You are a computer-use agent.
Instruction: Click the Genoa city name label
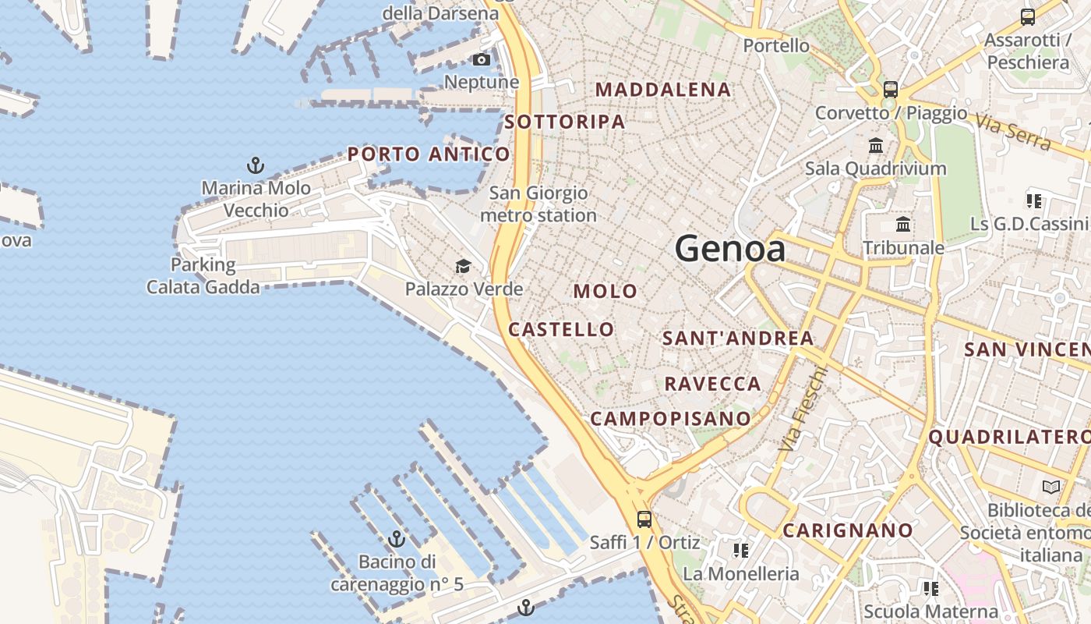pos(729,249)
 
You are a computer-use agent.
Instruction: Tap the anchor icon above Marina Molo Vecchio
pos(256,165)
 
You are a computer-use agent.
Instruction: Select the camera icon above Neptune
pos(482,60)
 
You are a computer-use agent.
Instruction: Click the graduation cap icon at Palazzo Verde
pos(463,267)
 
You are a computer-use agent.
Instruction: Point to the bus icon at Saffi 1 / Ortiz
pos(644,519)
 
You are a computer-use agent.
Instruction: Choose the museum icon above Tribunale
pos(903,225)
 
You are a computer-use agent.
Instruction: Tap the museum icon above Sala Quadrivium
pos(875,146)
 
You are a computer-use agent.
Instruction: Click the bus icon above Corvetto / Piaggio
pos(891,90)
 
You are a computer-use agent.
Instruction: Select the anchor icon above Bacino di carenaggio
pos(397,539)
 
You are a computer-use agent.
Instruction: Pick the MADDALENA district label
pos(663,90)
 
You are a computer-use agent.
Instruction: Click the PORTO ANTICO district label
pos(429,154)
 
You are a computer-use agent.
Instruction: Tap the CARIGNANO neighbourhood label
pos(848,530)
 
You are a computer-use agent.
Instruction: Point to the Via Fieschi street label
pos(801,409)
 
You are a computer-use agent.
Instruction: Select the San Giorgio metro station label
pos(538,204)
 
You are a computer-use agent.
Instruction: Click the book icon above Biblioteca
pos(1051,487)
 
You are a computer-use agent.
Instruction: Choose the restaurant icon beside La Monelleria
pos(740,551)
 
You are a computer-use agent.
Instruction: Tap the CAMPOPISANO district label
pos(670,418)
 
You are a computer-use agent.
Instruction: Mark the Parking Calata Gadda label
pos(203,276)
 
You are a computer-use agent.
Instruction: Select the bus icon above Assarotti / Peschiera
pos(1028,17)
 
